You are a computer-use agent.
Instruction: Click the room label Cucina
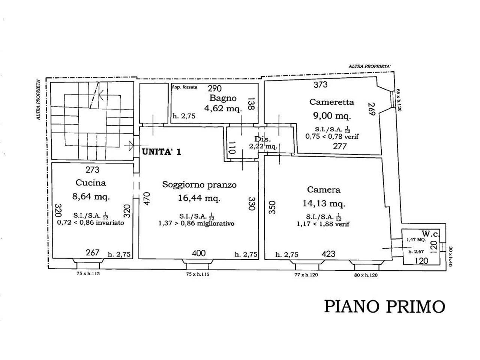coord(91,183)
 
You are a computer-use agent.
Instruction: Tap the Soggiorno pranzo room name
coord(199,184)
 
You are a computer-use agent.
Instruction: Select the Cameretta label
coord(331,102)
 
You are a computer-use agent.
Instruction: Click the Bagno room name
coord(223,98)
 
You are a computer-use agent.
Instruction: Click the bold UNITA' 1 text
coord(161,151)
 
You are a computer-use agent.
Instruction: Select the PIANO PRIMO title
coord(384,306)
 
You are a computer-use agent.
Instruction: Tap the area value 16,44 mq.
coord(199,198)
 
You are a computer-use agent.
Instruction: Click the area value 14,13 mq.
coord(324,204)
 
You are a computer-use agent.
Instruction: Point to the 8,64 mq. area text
coord(91,196)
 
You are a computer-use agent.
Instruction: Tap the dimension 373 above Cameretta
coord(320,85)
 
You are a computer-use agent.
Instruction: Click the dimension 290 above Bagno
coord(214,88)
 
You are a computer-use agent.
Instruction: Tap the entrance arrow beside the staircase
coord(130,145)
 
